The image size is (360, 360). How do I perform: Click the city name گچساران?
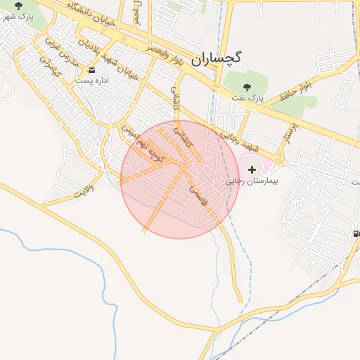point(216,58)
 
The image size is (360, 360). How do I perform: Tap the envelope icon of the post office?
point(92,70)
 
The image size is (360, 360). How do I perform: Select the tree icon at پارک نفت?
point(247,86)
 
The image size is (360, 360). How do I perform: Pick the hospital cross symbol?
point(252,169)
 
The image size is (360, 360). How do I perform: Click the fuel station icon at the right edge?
point(356,233)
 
